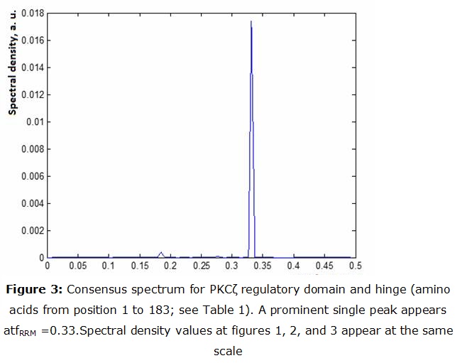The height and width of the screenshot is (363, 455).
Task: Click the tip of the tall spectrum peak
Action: click(x=251, y=21)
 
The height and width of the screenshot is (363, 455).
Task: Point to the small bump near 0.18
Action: click(x=161, y=252)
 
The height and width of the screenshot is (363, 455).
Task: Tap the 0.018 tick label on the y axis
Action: click(x=31, y=13)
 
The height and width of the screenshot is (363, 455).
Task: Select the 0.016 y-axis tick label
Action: click(x=31, y=40)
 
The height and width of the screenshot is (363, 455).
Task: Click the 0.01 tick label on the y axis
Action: click(x=34, y=121)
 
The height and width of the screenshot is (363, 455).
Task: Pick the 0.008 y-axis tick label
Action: click(x=31, y=148)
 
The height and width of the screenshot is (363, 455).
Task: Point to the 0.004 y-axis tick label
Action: click(x=31, y=203)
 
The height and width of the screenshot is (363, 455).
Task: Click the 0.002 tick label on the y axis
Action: click(x=31, y=230)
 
